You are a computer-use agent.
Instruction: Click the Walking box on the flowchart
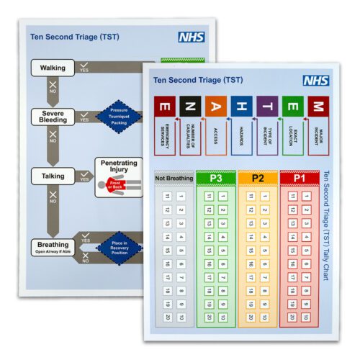(52, 69)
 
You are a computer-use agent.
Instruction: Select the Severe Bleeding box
(52, 116)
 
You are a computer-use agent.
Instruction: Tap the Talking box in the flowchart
(52, 175)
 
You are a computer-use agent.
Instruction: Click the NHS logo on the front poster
(315, 81)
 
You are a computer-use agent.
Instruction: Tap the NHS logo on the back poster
(190, 37)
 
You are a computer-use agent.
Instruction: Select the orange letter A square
(215, 106)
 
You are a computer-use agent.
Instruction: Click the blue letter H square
(241, 106)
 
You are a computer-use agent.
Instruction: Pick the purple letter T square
(267, 106)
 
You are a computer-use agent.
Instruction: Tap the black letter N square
(190, 106)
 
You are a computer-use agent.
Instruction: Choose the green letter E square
(292, 106)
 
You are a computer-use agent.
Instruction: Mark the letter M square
(318, 106)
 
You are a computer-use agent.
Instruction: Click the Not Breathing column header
(174, 177)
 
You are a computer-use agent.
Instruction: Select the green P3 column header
(216, 177)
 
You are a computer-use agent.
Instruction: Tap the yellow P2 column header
(257, 177)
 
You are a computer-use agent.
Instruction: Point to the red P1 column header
(299, 177)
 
